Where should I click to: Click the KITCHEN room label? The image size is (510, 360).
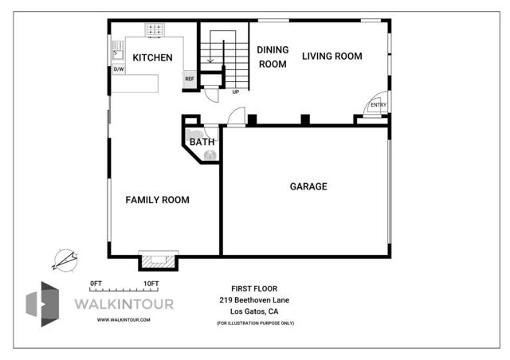click(152, 57)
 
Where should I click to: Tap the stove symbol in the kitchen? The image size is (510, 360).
click(155, 29)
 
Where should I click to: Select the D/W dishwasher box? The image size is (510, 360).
click(119, 69)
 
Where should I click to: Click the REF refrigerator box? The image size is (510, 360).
click(190, 79)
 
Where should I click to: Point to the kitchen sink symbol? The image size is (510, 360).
click(117, 53)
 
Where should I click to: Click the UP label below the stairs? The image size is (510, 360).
click(235, 92)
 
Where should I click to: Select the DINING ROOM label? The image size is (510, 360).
click(272, 57)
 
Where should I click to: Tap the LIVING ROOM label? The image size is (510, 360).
click(331, 56)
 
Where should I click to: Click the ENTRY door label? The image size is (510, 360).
click(379, 105)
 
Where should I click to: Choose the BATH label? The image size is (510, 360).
click(202, 143)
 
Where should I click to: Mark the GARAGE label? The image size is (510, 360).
click(308, 186)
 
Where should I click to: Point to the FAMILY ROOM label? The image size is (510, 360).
click(158, 200)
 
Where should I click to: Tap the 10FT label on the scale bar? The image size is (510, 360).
click(151, 283)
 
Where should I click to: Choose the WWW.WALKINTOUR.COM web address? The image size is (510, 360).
click(123, 319)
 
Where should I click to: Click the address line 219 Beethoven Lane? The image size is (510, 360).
click(254, 299)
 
